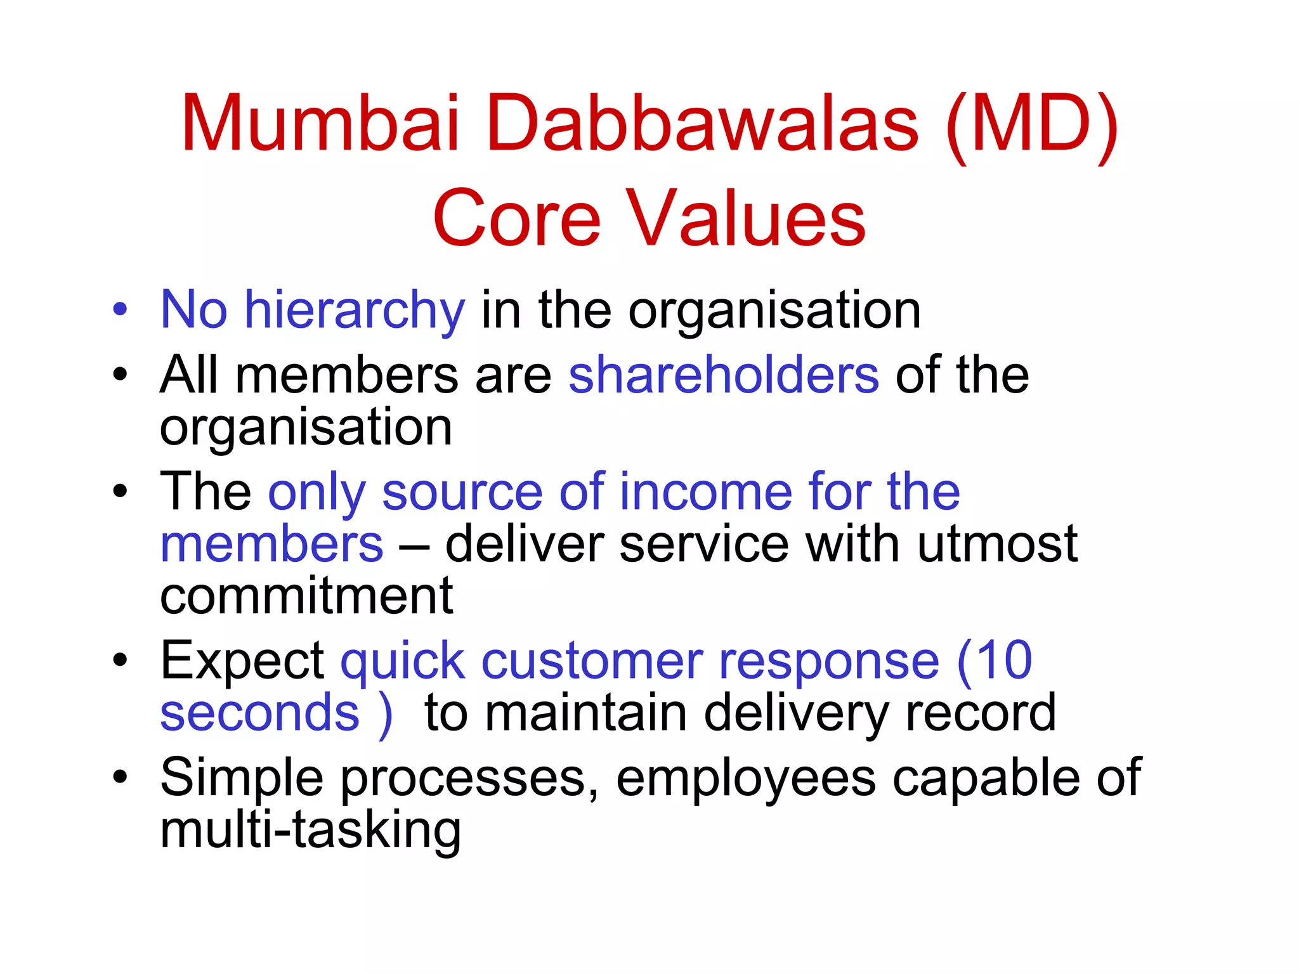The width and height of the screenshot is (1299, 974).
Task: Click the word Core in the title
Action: pos(516,219)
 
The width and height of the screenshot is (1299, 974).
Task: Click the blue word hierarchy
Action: pos(355,311)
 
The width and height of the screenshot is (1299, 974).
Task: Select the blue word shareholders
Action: pos(724,375)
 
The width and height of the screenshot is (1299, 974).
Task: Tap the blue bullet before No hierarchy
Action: pos(120,311)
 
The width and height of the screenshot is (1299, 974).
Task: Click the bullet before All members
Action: pos(120,375)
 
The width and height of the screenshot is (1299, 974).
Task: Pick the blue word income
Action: pos(705,492)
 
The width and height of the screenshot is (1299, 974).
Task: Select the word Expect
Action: pos(242,661)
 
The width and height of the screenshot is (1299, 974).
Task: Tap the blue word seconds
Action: pos(259,713)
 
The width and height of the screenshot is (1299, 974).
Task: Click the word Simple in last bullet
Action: pos(242,778)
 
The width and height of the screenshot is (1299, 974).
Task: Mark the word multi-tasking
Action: pos(310,830)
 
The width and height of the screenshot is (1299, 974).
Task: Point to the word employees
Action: pos(746,778)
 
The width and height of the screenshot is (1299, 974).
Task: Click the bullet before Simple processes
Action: pos(120,778)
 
